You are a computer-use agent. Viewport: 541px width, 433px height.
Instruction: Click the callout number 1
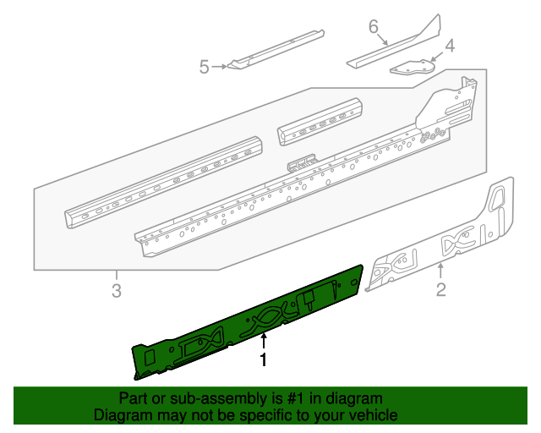click(x=264, y=360)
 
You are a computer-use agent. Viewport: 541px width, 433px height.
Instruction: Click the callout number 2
click(x=440, y=293)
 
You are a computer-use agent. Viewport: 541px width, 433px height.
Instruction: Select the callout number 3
click(x=117, y=292)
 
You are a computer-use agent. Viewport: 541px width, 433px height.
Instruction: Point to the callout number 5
click(x=204, y=66)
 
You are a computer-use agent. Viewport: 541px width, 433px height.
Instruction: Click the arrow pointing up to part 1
click(x=264, y=342)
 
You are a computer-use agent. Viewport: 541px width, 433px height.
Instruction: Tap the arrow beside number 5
click(x=221, y=66)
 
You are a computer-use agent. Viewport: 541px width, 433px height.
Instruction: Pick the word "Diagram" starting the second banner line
click(x=121, y=415)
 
